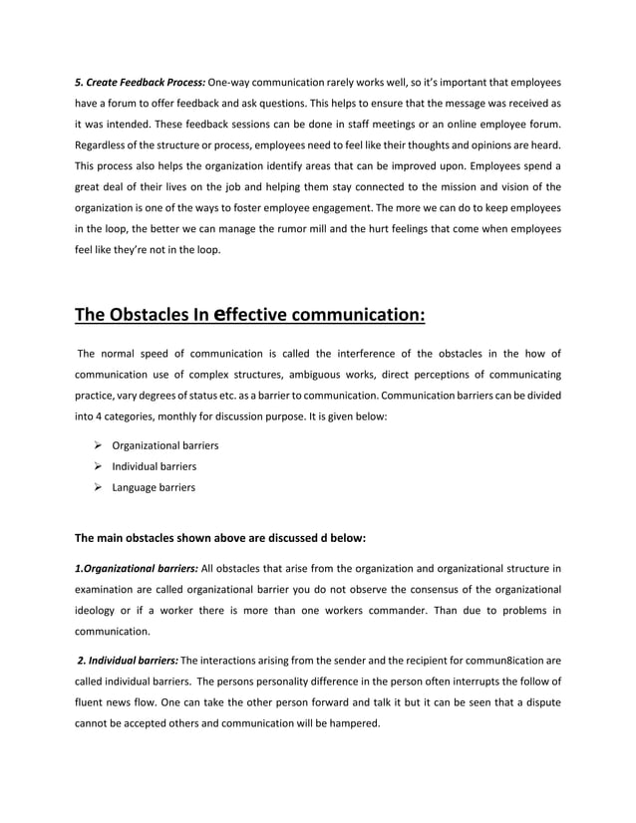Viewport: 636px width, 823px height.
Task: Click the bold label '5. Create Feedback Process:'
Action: point(140,81)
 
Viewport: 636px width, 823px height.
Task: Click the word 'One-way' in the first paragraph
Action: point(228,81)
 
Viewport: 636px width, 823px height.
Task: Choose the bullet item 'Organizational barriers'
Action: point(164,445)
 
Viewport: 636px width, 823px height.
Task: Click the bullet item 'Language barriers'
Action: point(154,487)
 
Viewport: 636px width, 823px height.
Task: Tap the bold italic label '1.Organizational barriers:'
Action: point(137,569)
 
